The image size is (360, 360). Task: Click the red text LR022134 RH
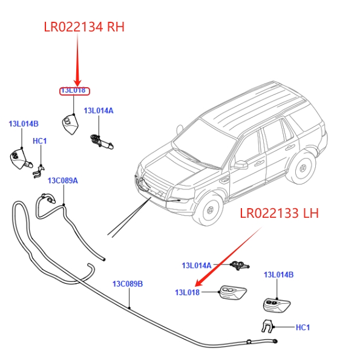tap(84, 27)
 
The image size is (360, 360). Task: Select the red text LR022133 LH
tap(279, 213)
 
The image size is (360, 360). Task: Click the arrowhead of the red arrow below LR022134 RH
tap(77, 83)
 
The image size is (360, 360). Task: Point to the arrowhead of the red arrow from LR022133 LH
tap(198, 283)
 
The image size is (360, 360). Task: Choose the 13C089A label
tap(63, 181)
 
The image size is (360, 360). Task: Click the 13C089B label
tap(128, 284)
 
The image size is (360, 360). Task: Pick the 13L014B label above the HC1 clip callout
tap(24, 124)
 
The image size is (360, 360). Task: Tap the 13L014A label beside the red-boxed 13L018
tap(99, 111)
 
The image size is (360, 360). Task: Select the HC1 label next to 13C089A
tap(40, 141)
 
